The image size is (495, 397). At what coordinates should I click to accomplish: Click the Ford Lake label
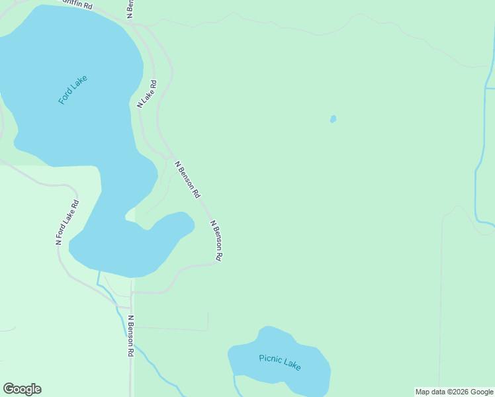coord(72,89)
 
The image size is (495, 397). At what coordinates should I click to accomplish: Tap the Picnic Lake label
coord(280,361)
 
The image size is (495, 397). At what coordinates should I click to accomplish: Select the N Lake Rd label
coord(147,94)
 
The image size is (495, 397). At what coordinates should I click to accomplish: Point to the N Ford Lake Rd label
coord(67,222)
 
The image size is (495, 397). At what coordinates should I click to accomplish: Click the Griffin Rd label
coord(77,5)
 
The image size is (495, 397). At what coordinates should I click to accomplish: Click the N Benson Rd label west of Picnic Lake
coord(131,336)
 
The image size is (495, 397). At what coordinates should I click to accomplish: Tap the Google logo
coord(22,389)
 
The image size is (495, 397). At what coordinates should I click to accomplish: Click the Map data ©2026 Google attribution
coord(454,392)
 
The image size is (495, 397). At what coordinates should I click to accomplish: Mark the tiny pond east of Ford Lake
coord(333,119)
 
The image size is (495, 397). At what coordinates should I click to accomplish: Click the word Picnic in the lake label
coord(270,359)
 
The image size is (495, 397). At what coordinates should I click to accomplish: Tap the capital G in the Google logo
coord(9,389)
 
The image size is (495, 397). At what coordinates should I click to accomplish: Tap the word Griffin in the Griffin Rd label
coord(73,4)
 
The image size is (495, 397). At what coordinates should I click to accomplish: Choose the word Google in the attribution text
coord(481,392)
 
